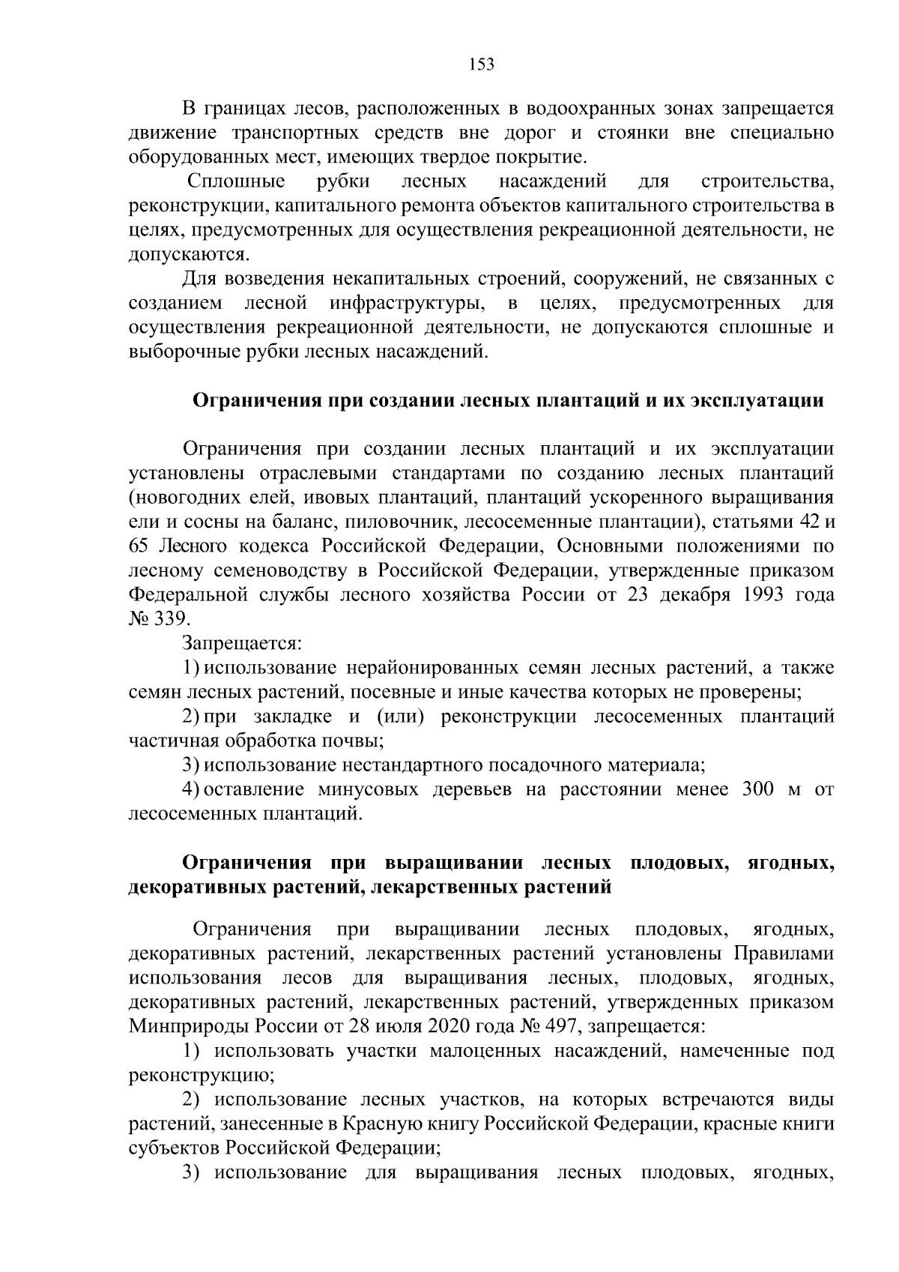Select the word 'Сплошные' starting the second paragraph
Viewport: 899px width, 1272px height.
236,181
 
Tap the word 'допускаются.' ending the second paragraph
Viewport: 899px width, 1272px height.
178,255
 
